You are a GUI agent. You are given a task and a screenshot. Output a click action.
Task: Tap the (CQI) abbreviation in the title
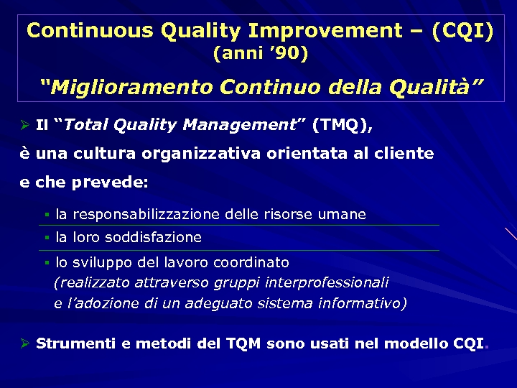463,31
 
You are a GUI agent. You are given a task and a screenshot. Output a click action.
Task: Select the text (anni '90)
261,53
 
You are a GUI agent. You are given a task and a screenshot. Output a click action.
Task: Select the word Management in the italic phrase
240,125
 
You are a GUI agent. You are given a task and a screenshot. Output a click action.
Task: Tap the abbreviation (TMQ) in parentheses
342,125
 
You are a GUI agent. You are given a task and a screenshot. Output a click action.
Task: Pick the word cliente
405,153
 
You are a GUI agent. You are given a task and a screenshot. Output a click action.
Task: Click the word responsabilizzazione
147,214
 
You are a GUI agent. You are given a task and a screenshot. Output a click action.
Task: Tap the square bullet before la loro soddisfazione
46,238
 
